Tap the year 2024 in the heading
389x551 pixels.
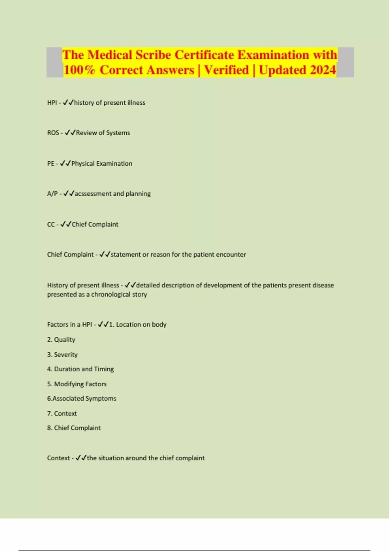click(323, 70)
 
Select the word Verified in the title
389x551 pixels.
click(226, 70)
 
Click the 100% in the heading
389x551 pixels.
click(79, 70)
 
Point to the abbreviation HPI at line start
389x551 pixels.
click(52, 103)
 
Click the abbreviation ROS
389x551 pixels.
click(53, 133)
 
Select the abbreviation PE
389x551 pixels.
click(51, 164)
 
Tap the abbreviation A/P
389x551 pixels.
click(52, 194)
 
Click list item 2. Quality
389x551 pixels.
click(61, 340)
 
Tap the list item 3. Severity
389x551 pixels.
click(63, 355)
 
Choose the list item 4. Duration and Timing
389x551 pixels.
click(80, 369)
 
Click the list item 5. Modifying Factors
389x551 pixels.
click(77, 384)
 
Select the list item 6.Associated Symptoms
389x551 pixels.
click(82, 399)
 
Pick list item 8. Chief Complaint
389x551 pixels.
click(74, 428)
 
